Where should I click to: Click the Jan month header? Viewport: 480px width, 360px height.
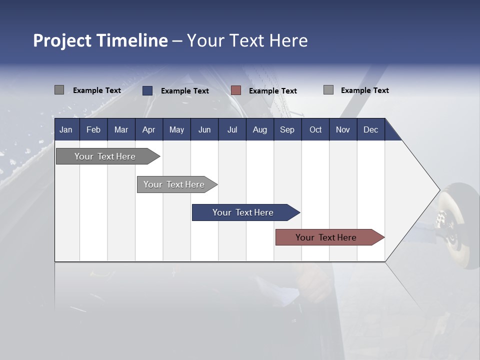tap(66, 129)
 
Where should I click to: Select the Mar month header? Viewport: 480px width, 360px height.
tap(121, 129)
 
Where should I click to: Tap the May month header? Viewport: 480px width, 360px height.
tap(176, 129)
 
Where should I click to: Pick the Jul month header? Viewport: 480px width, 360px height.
tap(232, 129)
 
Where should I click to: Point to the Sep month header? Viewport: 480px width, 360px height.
tap(287, 129)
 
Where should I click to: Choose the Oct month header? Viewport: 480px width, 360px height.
tap(315, 129)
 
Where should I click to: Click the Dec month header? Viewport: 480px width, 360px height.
tap(370, 129)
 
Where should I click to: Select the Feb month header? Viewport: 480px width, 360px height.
tap(93, 129)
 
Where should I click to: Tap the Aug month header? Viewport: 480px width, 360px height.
tap(259, 129)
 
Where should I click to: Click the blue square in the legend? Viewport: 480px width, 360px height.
tap(147, 90)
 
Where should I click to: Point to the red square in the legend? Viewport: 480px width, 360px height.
tap(236, 90)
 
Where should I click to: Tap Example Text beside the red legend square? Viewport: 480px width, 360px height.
tap(272, 91)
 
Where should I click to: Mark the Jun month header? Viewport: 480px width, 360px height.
tap(204, 129)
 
